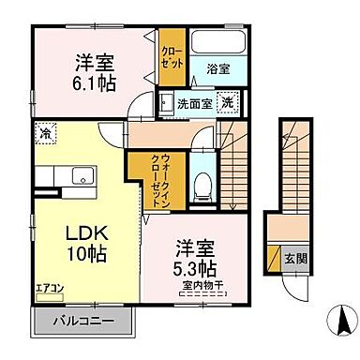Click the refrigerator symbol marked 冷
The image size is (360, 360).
[43, 134]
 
